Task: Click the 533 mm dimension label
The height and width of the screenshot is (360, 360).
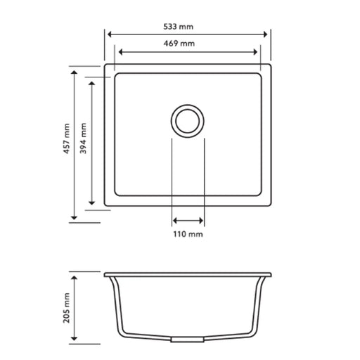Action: click(x=186, y=26)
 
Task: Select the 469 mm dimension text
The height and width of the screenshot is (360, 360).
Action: click(x=186, y=44)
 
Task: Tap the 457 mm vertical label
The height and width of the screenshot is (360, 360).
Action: click(x=65, y=139)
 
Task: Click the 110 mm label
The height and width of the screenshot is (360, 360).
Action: click(x=188, y=233)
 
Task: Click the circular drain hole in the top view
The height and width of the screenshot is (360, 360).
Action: click(x=188, y=120)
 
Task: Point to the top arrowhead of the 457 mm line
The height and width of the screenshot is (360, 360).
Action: click(x=74, y=70)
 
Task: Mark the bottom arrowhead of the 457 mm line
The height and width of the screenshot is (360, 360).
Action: click(x=74, y=217)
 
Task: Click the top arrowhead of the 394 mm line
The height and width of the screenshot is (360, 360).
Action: click(x=91, y=82)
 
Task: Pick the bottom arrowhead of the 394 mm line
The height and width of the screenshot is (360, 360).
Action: click(x=91, y=205)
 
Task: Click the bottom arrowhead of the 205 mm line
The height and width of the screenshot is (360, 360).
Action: click(x=74, y=342)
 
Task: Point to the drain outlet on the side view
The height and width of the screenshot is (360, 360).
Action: click(x=187, y=338)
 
